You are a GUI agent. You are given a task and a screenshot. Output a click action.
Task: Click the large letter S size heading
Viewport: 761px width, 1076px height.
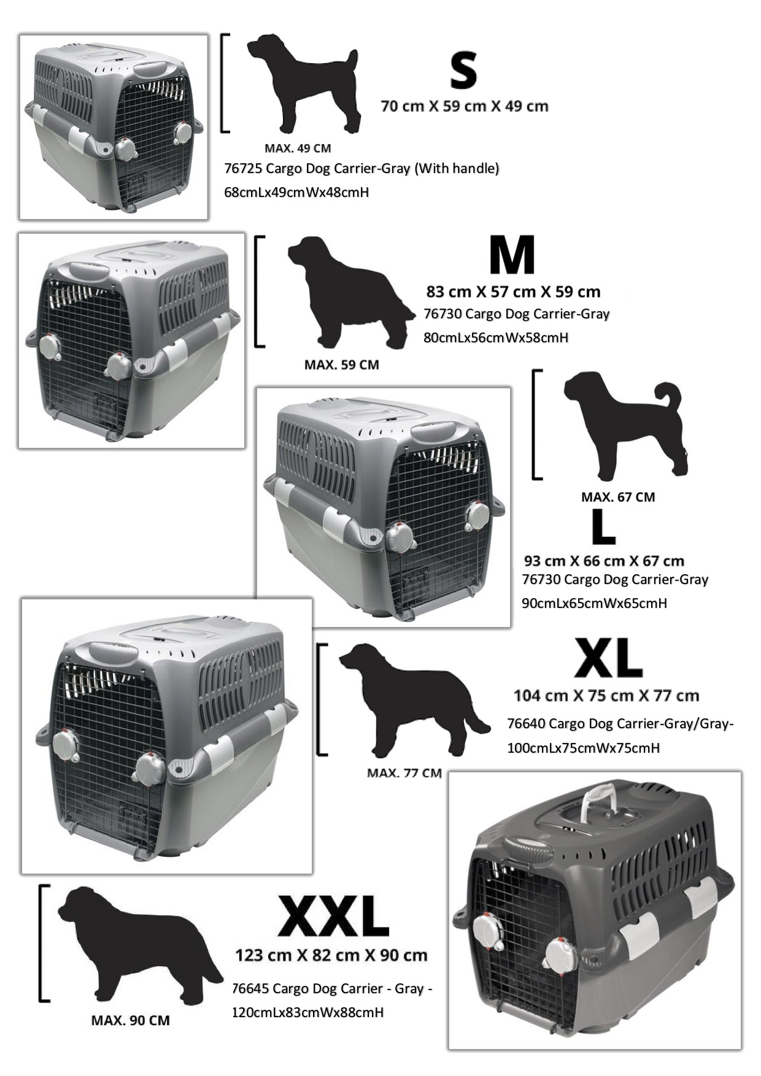(x=463, y=71)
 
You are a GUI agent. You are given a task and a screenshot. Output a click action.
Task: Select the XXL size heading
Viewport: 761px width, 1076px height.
(x=333, y=917)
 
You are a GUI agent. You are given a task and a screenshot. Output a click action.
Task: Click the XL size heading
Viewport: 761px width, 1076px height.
(x=608, y=658)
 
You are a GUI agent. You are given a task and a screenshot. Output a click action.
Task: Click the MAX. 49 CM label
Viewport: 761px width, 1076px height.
(x=298, y=148)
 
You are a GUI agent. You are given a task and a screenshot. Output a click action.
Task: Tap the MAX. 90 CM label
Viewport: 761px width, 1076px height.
(x=130, y=1020)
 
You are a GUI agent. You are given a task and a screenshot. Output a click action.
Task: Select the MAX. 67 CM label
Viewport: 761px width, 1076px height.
(x=618, y=497)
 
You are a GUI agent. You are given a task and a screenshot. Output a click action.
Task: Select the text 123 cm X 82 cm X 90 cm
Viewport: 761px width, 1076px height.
(x=331, y=955)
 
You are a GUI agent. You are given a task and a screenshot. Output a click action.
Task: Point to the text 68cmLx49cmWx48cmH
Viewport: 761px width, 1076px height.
(x=296, y=192)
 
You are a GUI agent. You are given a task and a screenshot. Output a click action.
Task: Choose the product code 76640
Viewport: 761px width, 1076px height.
(x=526, y=724)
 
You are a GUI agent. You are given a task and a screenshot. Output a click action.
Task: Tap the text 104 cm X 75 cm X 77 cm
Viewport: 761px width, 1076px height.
(x=606, y=696)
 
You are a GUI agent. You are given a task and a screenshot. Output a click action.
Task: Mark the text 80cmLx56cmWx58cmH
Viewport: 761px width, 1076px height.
(x=496, y=337)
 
